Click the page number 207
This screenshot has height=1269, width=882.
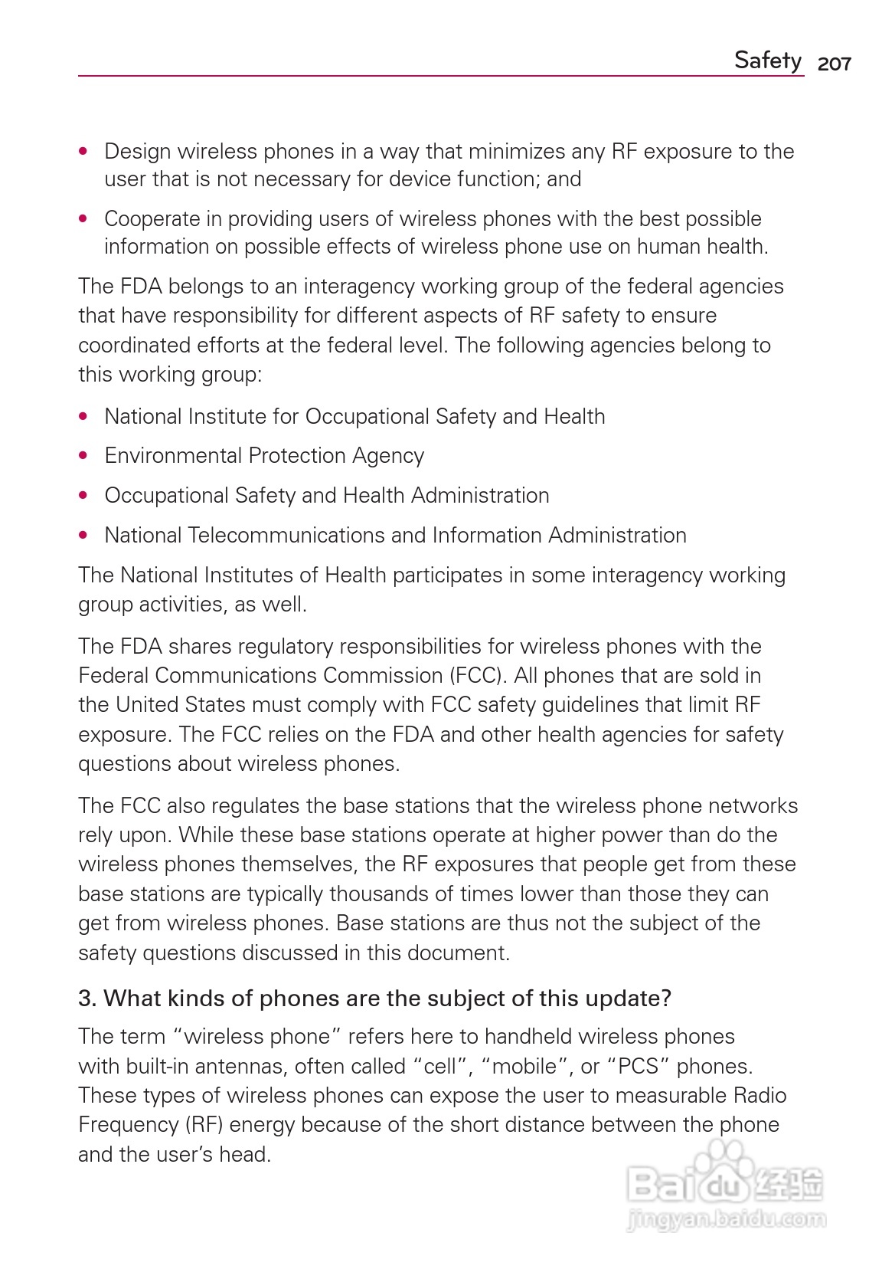click(x=834, y=64)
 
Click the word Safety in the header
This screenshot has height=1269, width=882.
click(x=767, y=60)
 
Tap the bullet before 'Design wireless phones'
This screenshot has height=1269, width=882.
click(x=83, y=152)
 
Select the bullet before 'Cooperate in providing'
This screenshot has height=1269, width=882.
click(x=83, y=219)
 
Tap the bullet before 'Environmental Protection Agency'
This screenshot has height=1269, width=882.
click(x=83, y=456)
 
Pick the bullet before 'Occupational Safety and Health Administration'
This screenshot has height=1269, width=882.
click(x=83, y=496)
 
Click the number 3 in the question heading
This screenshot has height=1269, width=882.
click(x=84, y=998)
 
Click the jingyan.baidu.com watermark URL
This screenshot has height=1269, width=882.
click(x=726, y=1218)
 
